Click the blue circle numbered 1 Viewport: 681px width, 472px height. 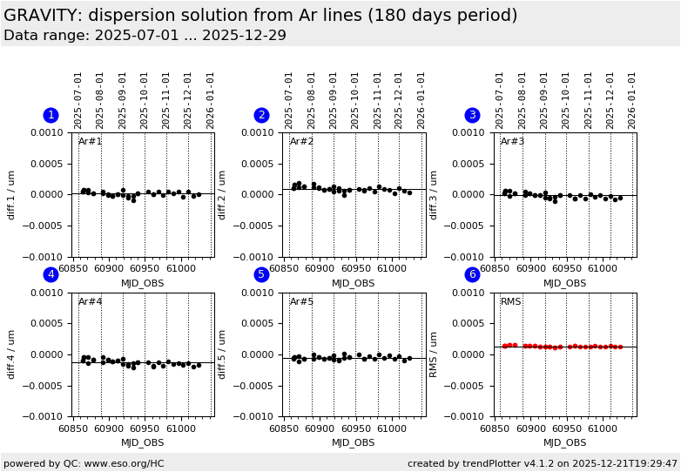pos(51,115)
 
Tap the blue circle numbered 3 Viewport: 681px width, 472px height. pos(472,115)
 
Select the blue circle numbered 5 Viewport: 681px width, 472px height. pos(261,275)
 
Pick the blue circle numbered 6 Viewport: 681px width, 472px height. pos(472,275)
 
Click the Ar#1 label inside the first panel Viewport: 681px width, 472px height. pos(91,142)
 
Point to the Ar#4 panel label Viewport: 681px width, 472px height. pos(91,302)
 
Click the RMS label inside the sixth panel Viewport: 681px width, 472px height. pos(511,302)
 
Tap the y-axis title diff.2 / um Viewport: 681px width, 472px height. pos(223,194)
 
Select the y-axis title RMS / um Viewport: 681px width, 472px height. pos(434,354)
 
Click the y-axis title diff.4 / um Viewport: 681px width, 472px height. pos(12,354)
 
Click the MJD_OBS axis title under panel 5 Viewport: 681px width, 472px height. pos(354,443)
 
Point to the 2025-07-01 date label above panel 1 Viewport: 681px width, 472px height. pos(78,100)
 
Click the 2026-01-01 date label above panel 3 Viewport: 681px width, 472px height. pos(633,100)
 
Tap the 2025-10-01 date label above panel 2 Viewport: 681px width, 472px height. pos(356,100)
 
